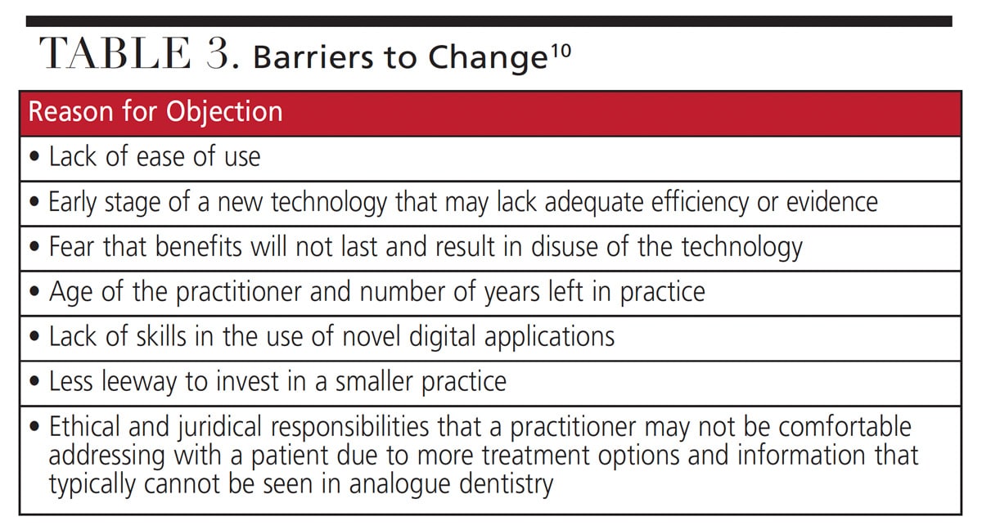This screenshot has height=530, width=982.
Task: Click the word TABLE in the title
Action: [115, 53]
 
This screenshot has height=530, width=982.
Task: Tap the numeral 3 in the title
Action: [218, 53]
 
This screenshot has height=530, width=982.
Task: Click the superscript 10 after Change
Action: [561, 52]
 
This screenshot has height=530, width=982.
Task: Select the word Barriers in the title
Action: [313, 57]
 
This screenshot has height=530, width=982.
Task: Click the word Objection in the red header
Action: [224, 112]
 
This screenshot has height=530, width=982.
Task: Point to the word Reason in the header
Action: [71, 111]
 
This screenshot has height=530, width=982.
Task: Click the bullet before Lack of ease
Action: [34, 157]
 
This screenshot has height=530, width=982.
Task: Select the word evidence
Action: [832, 202]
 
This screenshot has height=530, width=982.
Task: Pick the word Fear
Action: [71, 247]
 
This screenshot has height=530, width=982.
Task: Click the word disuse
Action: [565, 247]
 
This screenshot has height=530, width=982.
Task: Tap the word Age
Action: [71, 293]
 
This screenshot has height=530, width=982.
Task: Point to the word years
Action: [511, 293]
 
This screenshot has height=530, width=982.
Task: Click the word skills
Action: [161, 336]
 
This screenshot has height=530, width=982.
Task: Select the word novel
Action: [372, 336]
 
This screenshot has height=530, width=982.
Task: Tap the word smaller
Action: [374, 381]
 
